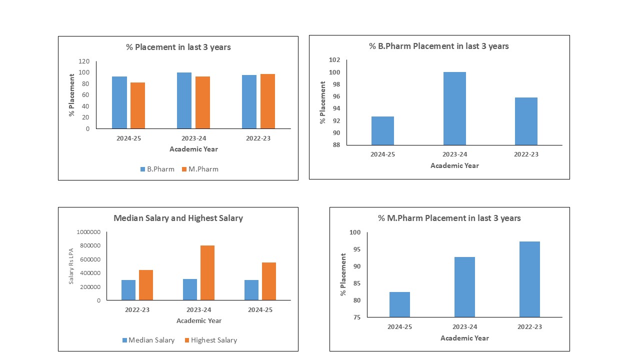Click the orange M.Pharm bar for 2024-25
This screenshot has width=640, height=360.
[x=137, y=105]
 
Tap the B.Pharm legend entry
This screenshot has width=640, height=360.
[x=157, y=169]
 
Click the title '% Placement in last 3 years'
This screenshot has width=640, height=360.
[x=178, y=47]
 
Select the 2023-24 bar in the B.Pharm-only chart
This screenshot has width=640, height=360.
[x=454, y=108]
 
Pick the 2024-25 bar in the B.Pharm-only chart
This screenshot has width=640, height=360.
[x=382, y=130]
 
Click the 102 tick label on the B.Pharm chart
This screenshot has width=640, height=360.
[x=334, y=60]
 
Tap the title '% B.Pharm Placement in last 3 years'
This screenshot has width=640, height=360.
[x=438, y=46]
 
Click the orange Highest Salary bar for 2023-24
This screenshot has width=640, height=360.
[x=207, y=272]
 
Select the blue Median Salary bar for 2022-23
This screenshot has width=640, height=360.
[x=128, y=290]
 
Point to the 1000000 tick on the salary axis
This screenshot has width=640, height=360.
[x=88, y=232]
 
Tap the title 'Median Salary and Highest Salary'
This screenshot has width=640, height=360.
[x=178, y=218]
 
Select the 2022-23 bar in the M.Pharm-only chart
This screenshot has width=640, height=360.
[x=529, y=279]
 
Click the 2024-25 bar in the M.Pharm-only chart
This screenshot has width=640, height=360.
[x=399, y=304]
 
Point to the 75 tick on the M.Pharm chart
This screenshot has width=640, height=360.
[x=356, y=317]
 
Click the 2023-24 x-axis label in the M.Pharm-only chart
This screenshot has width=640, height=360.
[x=464, y=326]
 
